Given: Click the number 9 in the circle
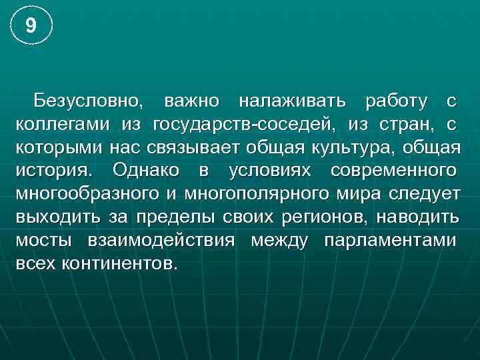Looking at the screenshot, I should coord(30,26).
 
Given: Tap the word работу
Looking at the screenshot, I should coord(397,101).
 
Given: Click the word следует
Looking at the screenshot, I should coord(422,193).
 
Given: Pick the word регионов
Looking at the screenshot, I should coord(315,216).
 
